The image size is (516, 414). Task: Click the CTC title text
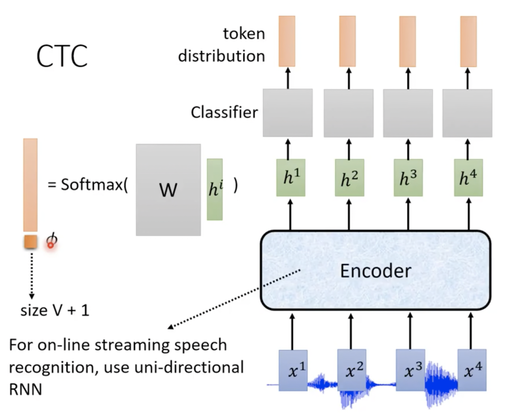(62, 57)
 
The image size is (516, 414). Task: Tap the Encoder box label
(376, 271)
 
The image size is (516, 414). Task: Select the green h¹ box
(291, 177)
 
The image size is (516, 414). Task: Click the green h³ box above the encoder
(408, 178)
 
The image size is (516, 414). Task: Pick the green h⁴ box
(468, 177)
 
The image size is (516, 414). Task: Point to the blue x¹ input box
(293, 370)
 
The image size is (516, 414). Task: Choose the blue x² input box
(352, 370)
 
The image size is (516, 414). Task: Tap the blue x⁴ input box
(472, 370)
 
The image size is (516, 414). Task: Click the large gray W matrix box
(168, 190)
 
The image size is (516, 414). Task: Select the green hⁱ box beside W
(215, 189)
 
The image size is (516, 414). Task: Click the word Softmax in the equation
(93, 185)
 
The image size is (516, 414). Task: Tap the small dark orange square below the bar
(30, 242)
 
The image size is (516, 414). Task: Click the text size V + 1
(55, 311)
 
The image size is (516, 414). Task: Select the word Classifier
(224, 113)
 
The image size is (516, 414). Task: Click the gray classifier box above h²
(349, 113)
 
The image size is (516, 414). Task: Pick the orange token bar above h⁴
(468, 41)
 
